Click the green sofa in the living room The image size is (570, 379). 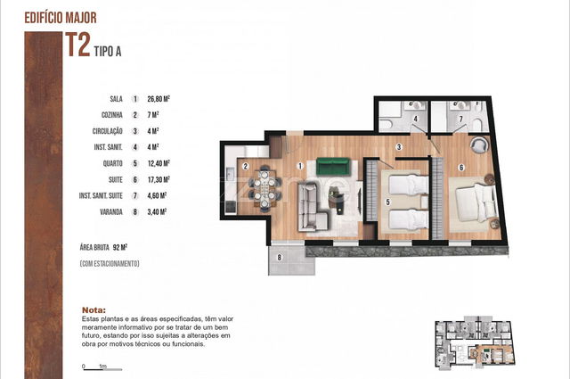pyautogui.click(x=333, y=166)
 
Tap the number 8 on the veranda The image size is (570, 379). pyautogui.click(x=279, y=258)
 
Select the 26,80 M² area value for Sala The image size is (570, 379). pyautogui.click(x=159, y=99)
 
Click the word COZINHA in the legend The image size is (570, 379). pyautogui.click(x=112, y=115)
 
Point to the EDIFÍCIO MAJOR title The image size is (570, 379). pyautogui.click(x=61, y=18)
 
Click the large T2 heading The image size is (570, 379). pyautogui.click(x=77, y=45)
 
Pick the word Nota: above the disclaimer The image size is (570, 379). pyautogui.click(x=94, y=310)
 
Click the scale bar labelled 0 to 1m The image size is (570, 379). pyautogui.click(x=102, y=367)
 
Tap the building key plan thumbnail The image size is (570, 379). pyautogui.click(x=476, y=343)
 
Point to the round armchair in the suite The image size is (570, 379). pyautogui.click(x=480, y=144)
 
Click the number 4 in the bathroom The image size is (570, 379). pyautogui.click(x=416, y=119)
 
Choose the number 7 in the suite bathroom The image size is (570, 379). pyautogui.click(x=461, y=119)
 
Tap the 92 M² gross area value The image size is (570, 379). pyautogui.click(x=120, y=248)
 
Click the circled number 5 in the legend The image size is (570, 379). pyautogui.click(x=135, y=163)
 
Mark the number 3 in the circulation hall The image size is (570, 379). pyautogui.click(x=399, y=147)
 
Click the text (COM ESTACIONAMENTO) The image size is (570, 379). pyautogui.click(x=110, y=264)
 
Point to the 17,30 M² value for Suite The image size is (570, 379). pyautogui.click(x=159, y=179)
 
